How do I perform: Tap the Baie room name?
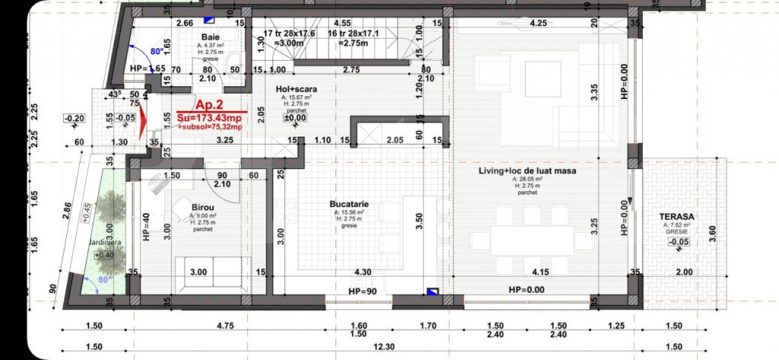click(211, 37)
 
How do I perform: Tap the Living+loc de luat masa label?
click(526, 171)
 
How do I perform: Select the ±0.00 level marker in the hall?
click(294, 118)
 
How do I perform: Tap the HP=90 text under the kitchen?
click(363, 292)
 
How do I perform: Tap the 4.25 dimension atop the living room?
click(540, 22)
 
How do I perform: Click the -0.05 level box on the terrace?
click(679, 243)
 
